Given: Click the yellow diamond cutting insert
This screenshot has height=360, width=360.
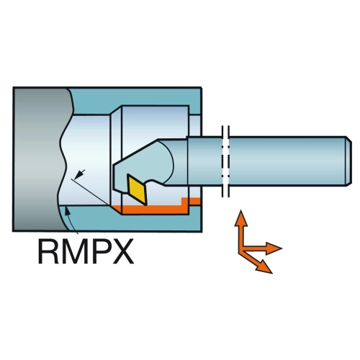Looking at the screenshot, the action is point(137,189).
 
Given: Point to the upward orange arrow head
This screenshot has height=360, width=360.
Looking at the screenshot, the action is point(240,217).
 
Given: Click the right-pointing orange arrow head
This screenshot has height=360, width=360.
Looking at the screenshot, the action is point(274,248).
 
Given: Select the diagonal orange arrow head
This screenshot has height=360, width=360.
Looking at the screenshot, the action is point(264,266).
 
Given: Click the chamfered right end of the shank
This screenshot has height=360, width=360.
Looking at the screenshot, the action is point(349,161).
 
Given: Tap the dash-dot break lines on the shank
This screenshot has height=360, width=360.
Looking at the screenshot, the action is point(225,161).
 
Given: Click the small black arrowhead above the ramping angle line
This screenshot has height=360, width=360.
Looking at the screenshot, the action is point(78,174).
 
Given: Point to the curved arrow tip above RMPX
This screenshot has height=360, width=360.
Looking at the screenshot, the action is point(68,211).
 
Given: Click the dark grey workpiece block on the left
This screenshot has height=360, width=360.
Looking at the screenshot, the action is point(40,159).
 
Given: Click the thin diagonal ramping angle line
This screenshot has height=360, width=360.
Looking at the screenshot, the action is point(91,192).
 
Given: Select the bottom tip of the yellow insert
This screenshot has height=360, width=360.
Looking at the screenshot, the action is point(145,205).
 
